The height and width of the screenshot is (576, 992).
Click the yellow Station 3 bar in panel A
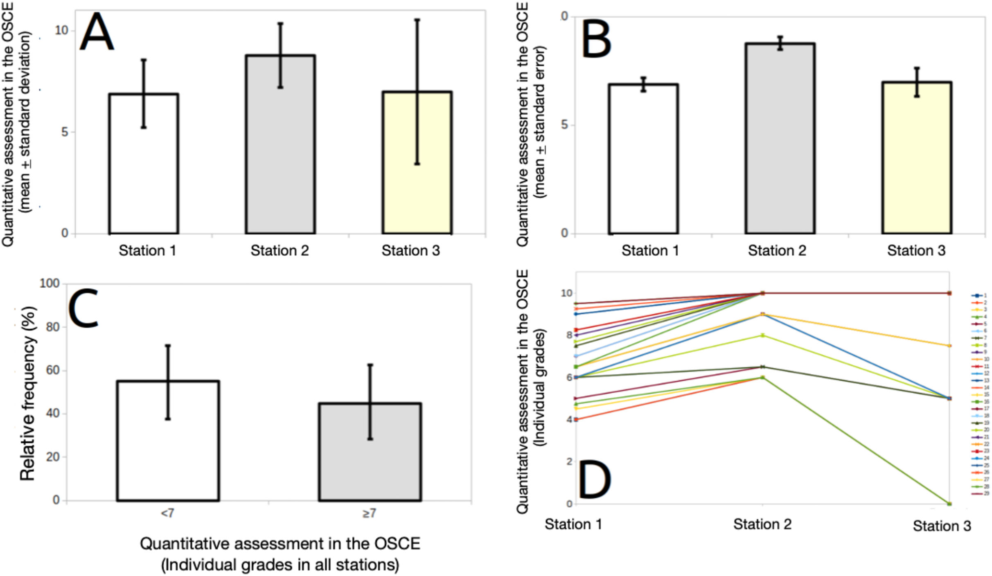pos(417,164)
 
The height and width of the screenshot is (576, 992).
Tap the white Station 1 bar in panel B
pos(643,160)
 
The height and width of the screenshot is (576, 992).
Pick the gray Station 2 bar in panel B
pos(780,139)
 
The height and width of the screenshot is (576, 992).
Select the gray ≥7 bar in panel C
pos(370,452)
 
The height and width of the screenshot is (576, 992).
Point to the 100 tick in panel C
pos(50,283)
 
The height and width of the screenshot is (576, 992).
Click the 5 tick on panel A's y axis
pos(64,132)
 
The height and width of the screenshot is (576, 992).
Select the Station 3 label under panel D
pos(942,526)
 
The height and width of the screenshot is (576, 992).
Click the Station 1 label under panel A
pos(147,250)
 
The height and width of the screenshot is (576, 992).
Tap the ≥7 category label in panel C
pos(369,513)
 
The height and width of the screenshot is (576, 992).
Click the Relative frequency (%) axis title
pos(28,393)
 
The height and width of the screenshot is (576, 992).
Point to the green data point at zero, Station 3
pos(949,504)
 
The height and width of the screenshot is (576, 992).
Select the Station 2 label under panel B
pos(777,250)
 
